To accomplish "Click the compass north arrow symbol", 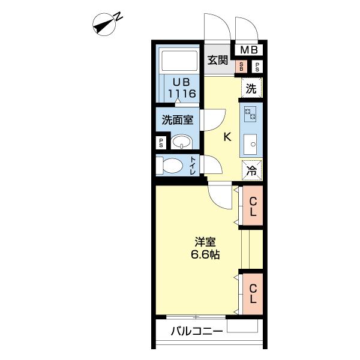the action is click(104, 25).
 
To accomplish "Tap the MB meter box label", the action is click(249, 50).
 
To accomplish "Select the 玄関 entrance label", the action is click(218, 60).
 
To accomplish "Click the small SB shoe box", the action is click(241, 67).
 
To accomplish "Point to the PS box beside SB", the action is click(257, 67).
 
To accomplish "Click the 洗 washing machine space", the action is click(251, 88).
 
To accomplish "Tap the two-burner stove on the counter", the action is click(250, 114).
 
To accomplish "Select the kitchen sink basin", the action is click(250, 144).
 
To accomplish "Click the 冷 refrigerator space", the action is click(251, 170).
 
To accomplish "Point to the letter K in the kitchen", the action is click(227, 137).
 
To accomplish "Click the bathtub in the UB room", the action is click(179, 61).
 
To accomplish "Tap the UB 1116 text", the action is click(182, 88).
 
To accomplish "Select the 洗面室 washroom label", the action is click(178, 119).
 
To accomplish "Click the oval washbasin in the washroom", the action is click(182, 142).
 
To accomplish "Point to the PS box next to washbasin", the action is click(161, 143).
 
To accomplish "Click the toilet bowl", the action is click(169, 166).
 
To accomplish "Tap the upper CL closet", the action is click(253, 205).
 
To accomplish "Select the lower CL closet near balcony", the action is click(253, 293).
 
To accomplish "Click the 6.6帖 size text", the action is click(205, 254).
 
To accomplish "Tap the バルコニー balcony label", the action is click(197, 331).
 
